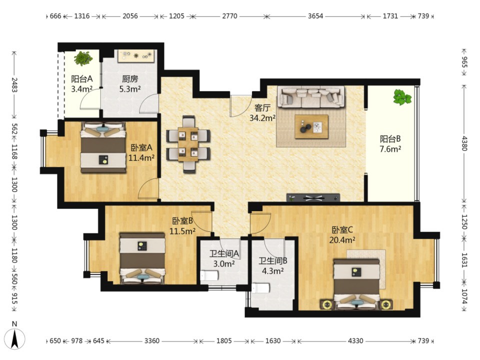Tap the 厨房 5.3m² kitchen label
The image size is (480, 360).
tap(130, 84)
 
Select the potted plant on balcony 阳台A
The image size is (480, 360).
tap(83, 58)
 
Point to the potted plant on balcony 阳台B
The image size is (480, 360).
tap(402, 97)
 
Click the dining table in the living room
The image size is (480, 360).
tap(188, 144)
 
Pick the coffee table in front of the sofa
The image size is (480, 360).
tap(311, 126)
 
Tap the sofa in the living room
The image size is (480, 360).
tap(310, 97)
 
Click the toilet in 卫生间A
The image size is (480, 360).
tap(209, 276)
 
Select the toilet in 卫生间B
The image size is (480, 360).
tap(261, 288)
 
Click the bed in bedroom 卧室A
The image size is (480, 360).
tap(103, 147)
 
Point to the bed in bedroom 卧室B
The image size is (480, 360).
tap(142, 258)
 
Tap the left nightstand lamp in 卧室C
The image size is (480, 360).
tap(327, 304)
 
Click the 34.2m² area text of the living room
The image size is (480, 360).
tap(262, 118)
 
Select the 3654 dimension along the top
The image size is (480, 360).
tap(315, 16)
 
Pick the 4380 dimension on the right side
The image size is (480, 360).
tap(464, 143)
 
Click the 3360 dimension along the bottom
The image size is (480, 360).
tap(152, 340)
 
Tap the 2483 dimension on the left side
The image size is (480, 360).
tap(14, 85)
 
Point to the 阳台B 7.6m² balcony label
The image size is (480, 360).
tap(390, 144)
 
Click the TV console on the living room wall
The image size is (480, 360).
tap(313, 198)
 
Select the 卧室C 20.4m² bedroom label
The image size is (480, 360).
tap(342, 235)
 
